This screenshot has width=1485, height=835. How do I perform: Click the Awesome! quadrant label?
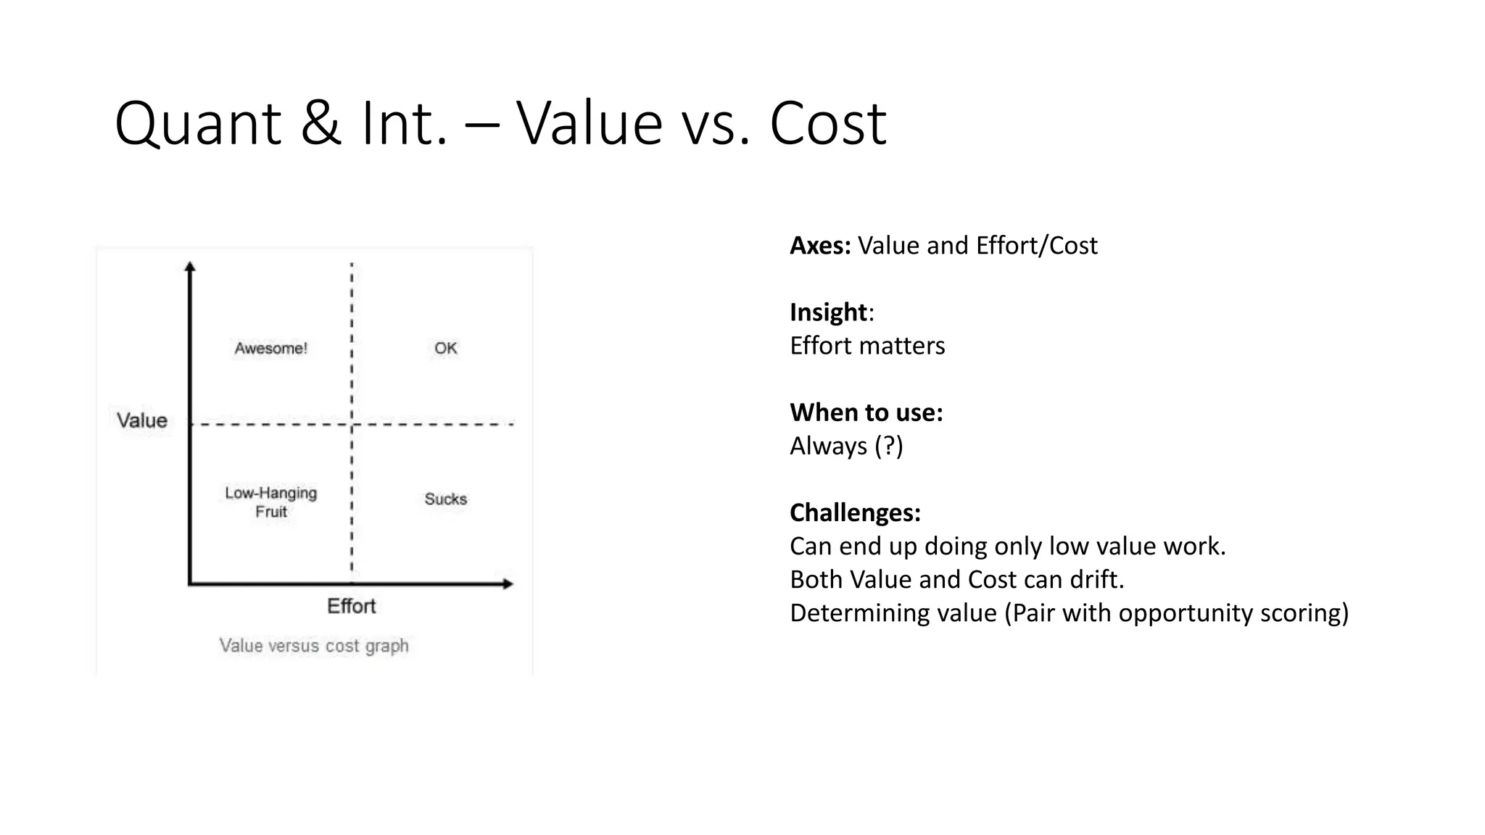(x=270, y=349)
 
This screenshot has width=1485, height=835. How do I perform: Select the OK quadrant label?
(x=445, y=349)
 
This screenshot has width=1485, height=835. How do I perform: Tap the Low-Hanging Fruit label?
(x=270, y=502)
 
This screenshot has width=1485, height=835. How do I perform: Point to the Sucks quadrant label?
(x=445, y=499)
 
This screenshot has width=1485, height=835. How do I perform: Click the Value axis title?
(x=142, y=420)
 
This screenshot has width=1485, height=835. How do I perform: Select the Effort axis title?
(x=351, y=606)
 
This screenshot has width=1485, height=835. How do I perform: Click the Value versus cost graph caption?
(x=314, y=646)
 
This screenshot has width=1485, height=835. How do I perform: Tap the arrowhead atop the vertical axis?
(x=190, y=266)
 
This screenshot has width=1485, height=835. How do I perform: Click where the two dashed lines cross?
(x=352, y=424)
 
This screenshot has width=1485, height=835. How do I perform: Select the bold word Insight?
(x=828, y=312)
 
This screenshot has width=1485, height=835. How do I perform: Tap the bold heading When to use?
(x=866, y=412)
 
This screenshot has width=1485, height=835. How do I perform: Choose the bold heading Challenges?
(x=855, y=512)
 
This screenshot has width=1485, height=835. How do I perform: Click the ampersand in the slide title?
(x=320, y=123)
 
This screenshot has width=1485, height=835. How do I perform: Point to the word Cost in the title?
(x=827, y=123)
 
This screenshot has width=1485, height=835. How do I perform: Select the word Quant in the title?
(x=197, y=123)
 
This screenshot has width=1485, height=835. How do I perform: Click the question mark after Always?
(x=888, y=446)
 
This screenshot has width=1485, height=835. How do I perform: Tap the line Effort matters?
(x=867, y=346)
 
